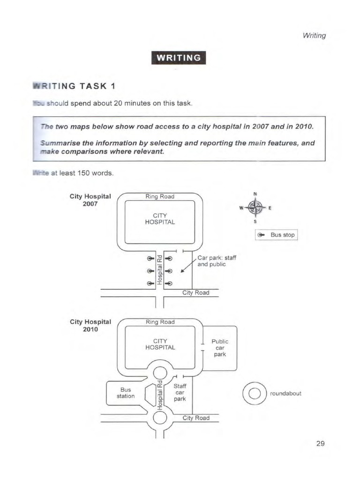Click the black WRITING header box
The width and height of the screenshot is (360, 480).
click(x=179, y=58)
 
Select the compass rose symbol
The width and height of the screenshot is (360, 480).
click(x=255, y=206)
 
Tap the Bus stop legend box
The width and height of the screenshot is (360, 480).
click(x=276, y=234)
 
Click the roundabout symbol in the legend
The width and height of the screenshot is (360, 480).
click(x=255, y=393)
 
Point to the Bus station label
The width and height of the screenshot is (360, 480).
click(x=126, y=393)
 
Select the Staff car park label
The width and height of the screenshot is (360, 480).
click(x=180, y=392)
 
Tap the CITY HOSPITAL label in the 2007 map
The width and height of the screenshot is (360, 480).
click(x=160, y=218)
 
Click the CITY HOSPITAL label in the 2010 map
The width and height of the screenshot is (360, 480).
click(x=160, y=344)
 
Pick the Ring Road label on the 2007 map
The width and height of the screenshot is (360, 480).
click(x=160, y=196)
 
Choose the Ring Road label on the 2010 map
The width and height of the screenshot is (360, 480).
click(x=160, y=322)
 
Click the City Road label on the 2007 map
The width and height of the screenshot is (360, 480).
click(x=196, y=293)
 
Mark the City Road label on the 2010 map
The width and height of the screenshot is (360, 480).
click(x=196, y=418)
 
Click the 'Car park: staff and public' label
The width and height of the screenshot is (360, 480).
click(x=212, y=261)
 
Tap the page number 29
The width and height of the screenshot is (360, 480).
click(x=321, y=443)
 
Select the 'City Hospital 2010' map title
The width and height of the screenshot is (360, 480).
click(x=90, y=325)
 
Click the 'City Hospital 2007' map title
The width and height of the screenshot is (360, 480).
click(x=90, y=200)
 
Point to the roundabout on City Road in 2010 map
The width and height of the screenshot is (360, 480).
click(x=160, y=417)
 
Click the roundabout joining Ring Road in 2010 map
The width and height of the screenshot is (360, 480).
click(x=160, y=372)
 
